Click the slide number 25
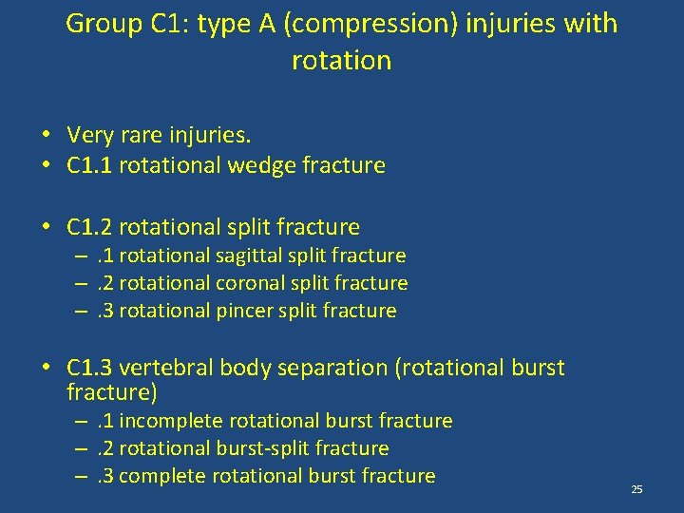click(636, 489)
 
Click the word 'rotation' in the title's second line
click(341, 61)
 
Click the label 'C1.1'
click(90, 165)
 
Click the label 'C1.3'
click(90, 368)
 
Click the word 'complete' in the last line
click(159, 476)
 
